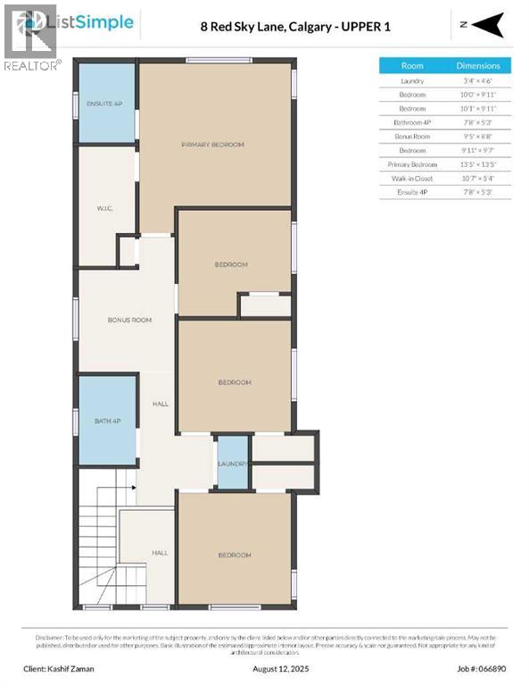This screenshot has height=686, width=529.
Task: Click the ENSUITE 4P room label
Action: [x=105, y=103]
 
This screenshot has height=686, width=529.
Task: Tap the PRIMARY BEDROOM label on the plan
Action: [x=212, y=145]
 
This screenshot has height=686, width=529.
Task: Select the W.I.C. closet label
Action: [x=103, y=209]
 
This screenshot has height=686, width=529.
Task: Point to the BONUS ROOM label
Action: [x=129, y=320]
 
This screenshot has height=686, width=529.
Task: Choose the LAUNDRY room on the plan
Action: [x=232, y=464]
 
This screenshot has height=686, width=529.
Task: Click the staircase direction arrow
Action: [x=131, y=488]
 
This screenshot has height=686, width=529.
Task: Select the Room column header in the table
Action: [x=412, y=65]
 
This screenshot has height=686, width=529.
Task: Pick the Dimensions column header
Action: [x=478, y=65]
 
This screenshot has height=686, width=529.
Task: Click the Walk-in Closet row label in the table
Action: [x=412, y=179]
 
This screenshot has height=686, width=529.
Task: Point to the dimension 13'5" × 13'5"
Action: [x=478, y=164]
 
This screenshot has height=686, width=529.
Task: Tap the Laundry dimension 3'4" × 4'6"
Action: [x=478, y=80]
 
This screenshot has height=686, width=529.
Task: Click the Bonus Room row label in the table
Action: [x=412, y=137]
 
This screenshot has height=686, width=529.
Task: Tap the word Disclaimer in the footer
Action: [x=51, y=637]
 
